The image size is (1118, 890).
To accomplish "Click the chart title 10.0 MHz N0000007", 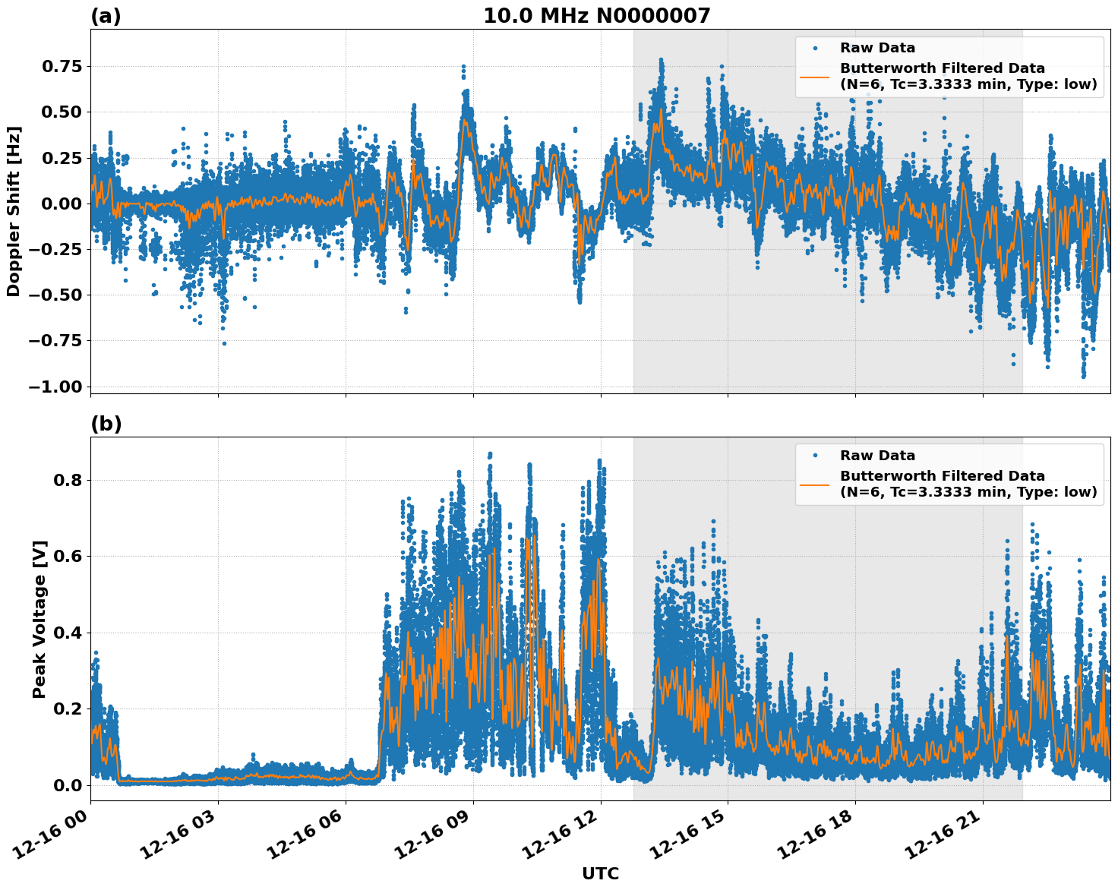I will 596,16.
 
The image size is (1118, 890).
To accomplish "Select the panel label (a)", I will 106,16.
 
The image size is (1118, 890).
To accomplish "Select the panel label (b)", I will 106,424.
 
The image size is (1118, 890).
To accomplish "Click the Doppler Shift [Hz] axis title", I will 14,211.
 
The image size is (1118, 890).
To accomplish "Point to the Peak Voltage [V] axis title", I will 39,619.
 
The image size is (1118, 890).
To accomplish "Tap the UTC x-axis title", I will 600,873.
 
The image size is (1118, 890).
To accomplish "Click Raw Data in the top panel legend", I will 877,49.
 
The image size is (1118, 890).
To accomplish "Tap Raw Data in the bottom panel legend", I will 877,456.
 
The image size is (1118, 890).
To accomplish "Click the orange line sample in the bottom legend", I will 815,484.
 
